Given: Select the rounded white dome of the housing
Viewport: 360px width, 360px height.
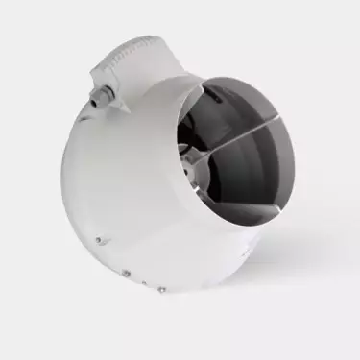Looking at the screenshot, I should [115, 182].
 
